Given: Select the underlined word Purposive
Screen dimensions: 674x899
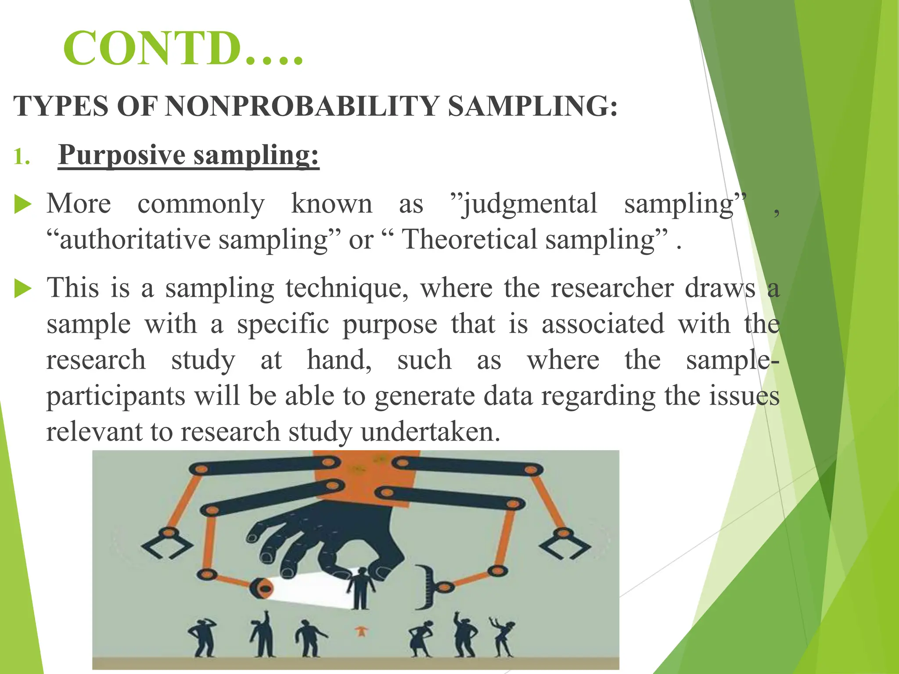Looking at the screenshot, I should click(122, 156).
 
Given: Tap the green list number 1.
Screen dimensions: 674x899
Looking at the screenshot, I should click(21, 157).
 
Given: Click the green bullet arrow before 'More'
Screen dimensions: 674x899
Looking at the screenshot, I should click(23, 205).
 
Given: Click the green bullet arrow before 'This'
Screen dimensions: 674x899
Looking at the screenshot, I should click(23, 289).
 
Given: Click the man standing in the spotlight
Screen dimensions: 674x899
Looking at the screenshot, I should click(361, 589).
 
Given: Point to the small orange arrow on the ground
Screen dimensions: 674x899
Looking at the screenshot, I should click(361, 632).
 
